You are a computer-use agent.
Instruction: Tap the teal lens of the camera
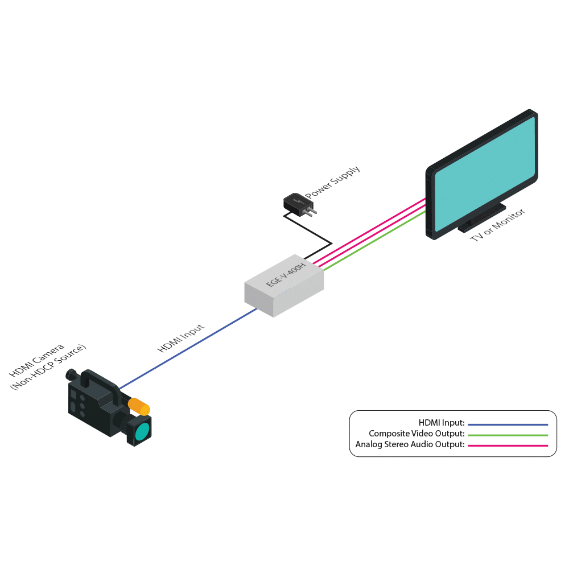tap(143, 431)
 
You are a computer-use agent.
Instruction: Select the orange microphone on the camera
tap(139, 406)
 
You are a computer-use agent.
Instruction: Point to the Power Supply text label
tap(333, 183)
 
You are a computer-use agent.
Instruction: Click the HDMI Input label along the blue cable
tap(180, 339)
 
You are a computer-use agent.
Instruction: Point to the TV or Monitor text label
tap(497, 226)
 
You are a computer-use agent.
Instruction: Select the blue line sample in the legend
tap(508, 424)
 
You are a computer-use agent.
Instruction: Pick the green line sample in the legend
tap(508, 435)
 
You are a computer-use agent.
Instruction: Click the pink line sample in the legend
tap(508, 446)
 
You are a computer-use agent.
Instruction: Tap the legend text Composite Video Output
tap(417, 434)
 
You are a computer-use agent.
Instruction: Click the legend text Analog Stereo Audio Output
tap(410, 444)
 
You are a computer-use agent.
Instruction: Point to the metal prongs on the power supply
tap(310, 211)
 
